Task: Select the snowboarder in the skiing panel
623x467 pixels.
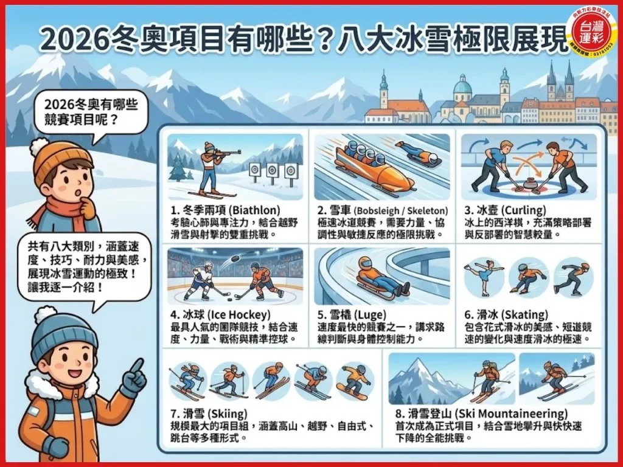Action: tap(355, 381)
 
